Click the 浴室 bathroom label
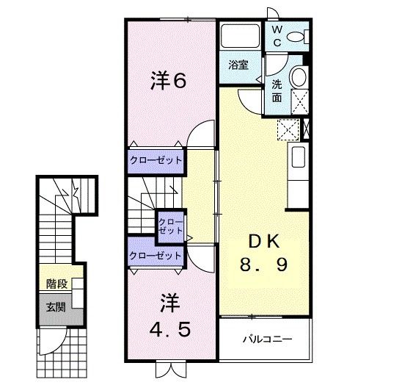click(238, 65)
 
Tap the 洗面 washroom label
click(277, 90)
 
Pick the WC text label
click(278, 36)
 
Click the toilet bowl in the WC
click(297, 37)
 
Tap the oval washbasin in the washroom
click(299, 77)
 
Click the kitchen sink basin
click(298, 157)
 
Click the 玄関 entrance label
click(56, 306)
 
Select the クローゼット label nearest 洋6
click(156, 160)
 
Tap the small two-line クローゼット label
click(170, 226)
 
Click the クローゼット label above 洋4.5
click(156, 256)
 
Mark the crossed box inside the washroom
click(299, 102)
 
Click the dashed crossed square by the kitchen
click(287, 129)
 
